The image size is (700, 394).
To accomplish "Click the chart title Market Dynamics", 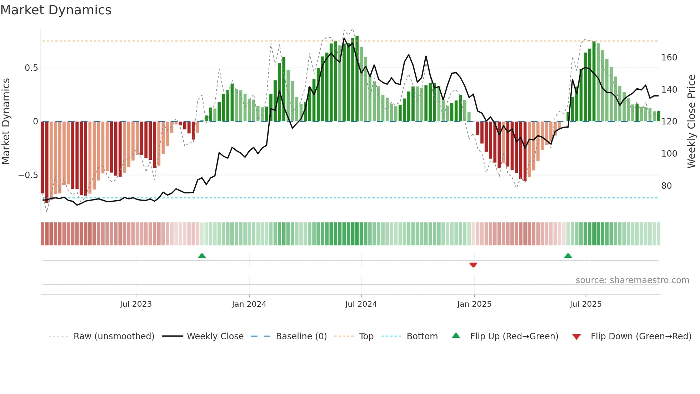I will tap(56, 10).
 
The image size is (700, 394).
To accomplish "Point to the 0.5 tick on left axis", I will tap(31, 68).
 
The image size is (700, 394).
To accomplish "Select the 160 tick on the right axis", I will tap(669, 58).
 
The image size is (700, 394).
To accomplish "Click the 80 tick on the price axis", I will tap(666, 186).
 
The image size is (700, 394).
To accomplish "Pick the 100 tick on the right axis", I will tap(669, 154).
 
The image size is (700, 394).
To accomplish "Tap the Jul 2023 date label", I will tap(136, 304).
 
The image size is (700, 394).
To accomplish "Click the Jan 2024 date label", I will tap(249, 304).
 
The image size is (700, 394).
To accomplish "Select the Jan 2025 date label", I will tap(474, 304).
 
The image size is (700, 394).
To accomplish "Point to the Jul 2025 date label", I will tap(585, 304).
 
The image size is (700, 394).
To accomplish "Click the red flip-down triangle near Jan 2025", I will tap(473, 265).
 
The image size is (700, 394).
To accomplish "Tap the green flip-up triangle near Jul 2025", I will tap(568, 256).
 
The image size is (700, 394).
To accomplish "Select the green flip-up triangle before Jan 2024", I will tap(202, 256).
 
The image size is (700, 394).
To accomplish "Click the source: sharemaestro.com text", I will tap(632, 280).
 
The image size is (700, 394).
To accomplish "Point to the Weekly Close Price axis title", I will tap(691, 122).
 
